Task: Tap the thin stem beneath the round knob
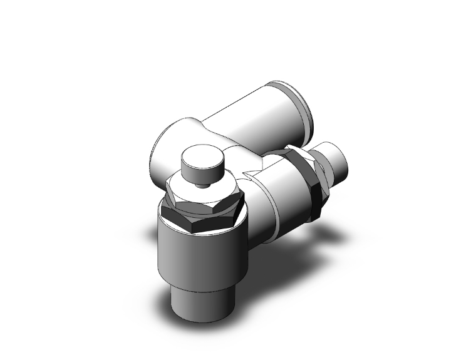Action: (x=202, y=185)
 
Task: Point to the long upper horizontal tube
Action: (x=251, y=122)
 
